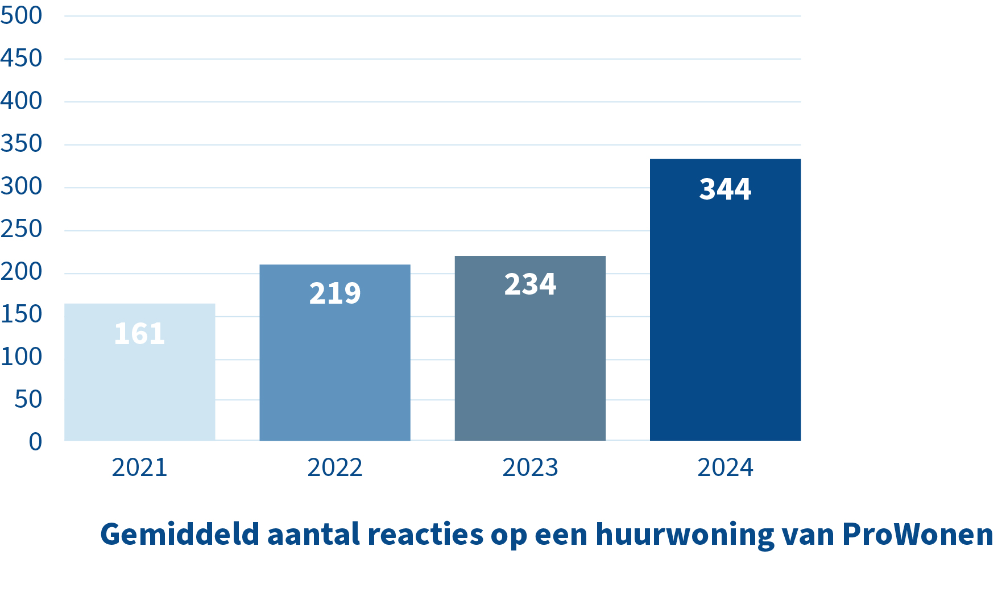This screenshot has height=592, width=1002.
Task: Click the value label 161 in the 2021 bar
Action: pos(139,333)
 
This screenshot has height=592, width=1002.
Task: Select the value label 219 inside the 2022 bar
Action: pos(334,293)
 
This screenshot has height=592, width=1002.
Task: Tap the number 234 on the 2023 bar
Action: pos(530,284)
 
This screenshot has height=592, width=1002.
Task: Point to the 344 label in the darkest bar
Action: pos(725,189)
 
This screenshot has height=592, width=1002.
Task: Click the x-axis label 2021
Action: pos(139,467)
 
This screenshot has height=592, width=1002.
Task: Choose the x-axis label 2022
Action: pos(334,467)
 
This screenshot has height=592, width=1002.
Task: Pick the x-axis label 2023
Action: pos(530,467)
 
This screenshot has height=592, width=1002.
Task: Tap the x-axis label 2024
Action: pos(725,467)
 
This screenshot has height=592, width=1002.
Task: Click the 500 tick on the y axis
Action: pos(22,15)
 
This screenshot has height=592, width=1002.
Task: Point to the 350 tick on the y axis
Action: pos(22,143)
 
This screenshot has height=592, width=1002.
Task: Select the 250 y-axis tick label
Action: pos(22,229)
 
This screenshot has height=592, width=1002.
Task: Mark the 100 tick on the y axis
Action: pos(22,357)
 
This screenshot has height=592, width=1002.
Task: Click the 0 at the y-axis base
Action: pos(35,441)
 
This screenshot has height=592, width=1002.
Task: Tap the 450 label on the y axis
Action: pos(22,58)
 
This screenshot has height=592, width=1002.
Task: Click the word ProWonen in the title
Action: pos(917,535)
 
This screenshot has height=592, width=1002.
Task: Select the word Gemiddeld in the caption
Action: pos(180,535)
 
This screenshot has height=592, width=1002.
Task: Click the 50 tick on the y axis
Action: pos(28,399)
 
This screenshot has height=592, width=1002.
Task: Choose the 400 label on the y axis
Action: pos(22,101)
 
